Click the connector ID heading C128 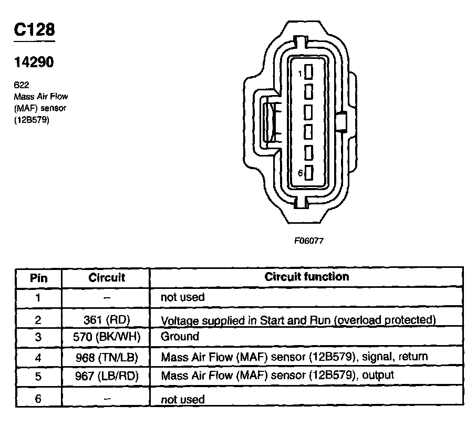click(x=34, y=30)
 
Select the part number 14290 click(x=33, y=63)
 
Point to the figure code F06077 click(x=308, y=241)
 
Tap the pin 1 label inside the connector click(x=300, y=74)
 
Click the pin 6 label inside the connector click(x=300, y=173)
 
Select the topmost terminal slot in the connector click(x=309, y=71)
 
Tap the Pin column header click(x=38, y=277)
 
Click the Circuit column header click(x=107, y=277)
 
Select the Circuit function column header click(x=306, y=276)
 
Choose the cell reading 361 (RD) click(x=107, y=320)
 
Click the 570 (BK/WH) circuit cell click(x=106, y=337)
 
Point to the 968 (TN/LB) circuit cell click(x=106, y=357)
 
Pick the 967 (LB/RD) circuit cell click(x=106, y=376)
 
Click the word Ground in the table click(x=180, y=337)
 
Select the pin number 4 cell click(x=38, y=357)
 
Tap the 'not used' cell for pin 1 click(x=182, y=297)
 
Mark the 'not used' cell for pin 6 click(x=182, y=399)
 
